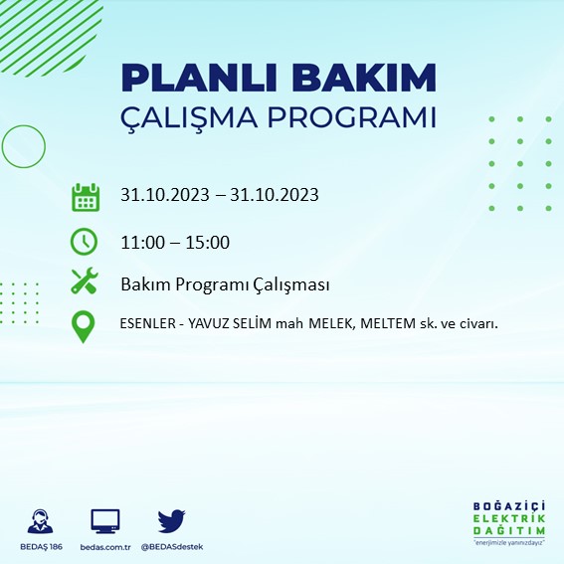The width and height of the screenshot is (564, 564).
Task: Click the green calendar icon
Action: point(86,196)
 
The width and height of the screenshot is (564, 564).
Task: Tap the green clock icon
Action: point(86,241)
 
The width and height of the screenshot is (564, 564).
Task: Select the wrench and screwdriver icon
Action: point(86,282)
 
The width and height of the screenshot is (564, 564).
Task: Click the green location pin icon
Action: point(85,326)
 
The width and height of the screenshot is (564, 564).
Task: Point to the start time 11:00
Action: point(141,242)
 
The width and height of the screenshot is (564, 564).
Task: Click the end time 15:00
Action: point(209,242)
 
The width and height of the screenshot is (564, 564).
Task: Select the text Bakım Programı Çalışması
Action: point(225,284)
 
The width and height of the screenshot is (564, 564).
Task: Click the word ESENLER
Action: point(149,324)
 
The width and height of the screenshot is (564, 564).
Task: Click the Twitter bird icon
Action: point(172,520)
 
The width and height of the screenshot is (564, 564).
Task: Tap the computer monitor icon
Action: point(105,520)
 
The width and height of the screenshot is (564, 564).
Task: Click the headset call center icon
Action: point(41,520)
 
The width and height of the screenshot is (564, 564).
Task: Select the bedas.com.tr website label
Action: point(105,547)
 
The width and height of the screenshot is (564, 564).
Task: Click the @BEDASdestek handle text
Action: point(172,547)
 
